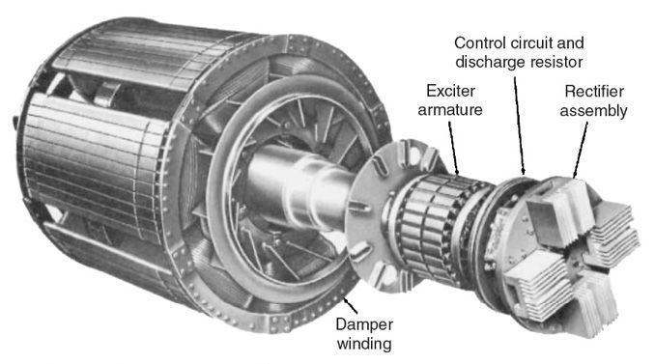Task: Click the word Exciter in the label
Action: coord(450,91)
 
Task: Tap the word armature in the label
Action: coord(450,110)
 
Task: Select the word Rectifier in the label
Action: coord(594,91)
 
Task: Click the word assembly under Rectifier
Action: coord(593,111)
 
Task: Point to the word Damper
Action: coord(364,324)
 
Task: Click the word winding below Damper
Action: coord(364,344)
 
